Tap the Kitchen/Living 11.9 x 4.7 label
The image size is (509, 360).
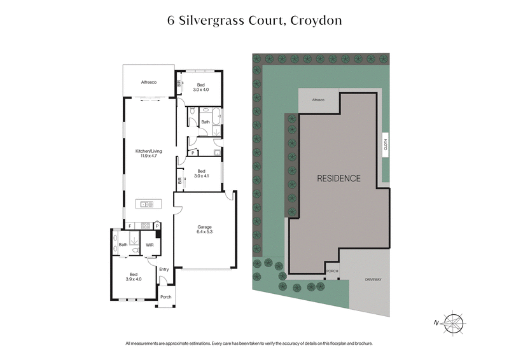click(x=148, y=155)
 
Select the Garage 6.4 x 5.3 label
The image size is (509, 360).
click(x=204, y=230)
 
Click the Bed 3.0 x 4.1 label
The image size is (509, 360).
click(x=200, y=174)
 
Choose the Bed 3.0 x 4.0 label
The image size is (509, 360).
click(x=200, y=88)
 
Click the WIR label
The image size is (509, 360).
click(x=150, y=244)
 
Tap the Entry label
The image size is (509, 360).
click(x=164, y=269)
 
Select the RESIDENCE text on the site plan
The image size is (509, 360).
click(x=338, y=179)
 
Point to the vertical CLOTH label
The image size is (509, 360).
click(x=385, y=144)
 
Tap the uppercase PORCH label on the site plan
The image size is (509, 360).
click(x=331, y=271)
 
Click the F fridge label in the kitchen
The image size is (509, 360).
click(x=130, y=226)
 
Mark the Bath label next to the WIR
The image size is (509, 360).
click(x=122, y=244)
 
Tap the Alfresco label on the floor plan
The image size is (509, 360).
click(x=149, y=82)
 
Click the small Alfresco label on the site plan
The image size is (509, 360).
click(x=317, y=100)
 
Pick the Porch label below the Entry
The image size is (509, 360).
click(x=165, y=297)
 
